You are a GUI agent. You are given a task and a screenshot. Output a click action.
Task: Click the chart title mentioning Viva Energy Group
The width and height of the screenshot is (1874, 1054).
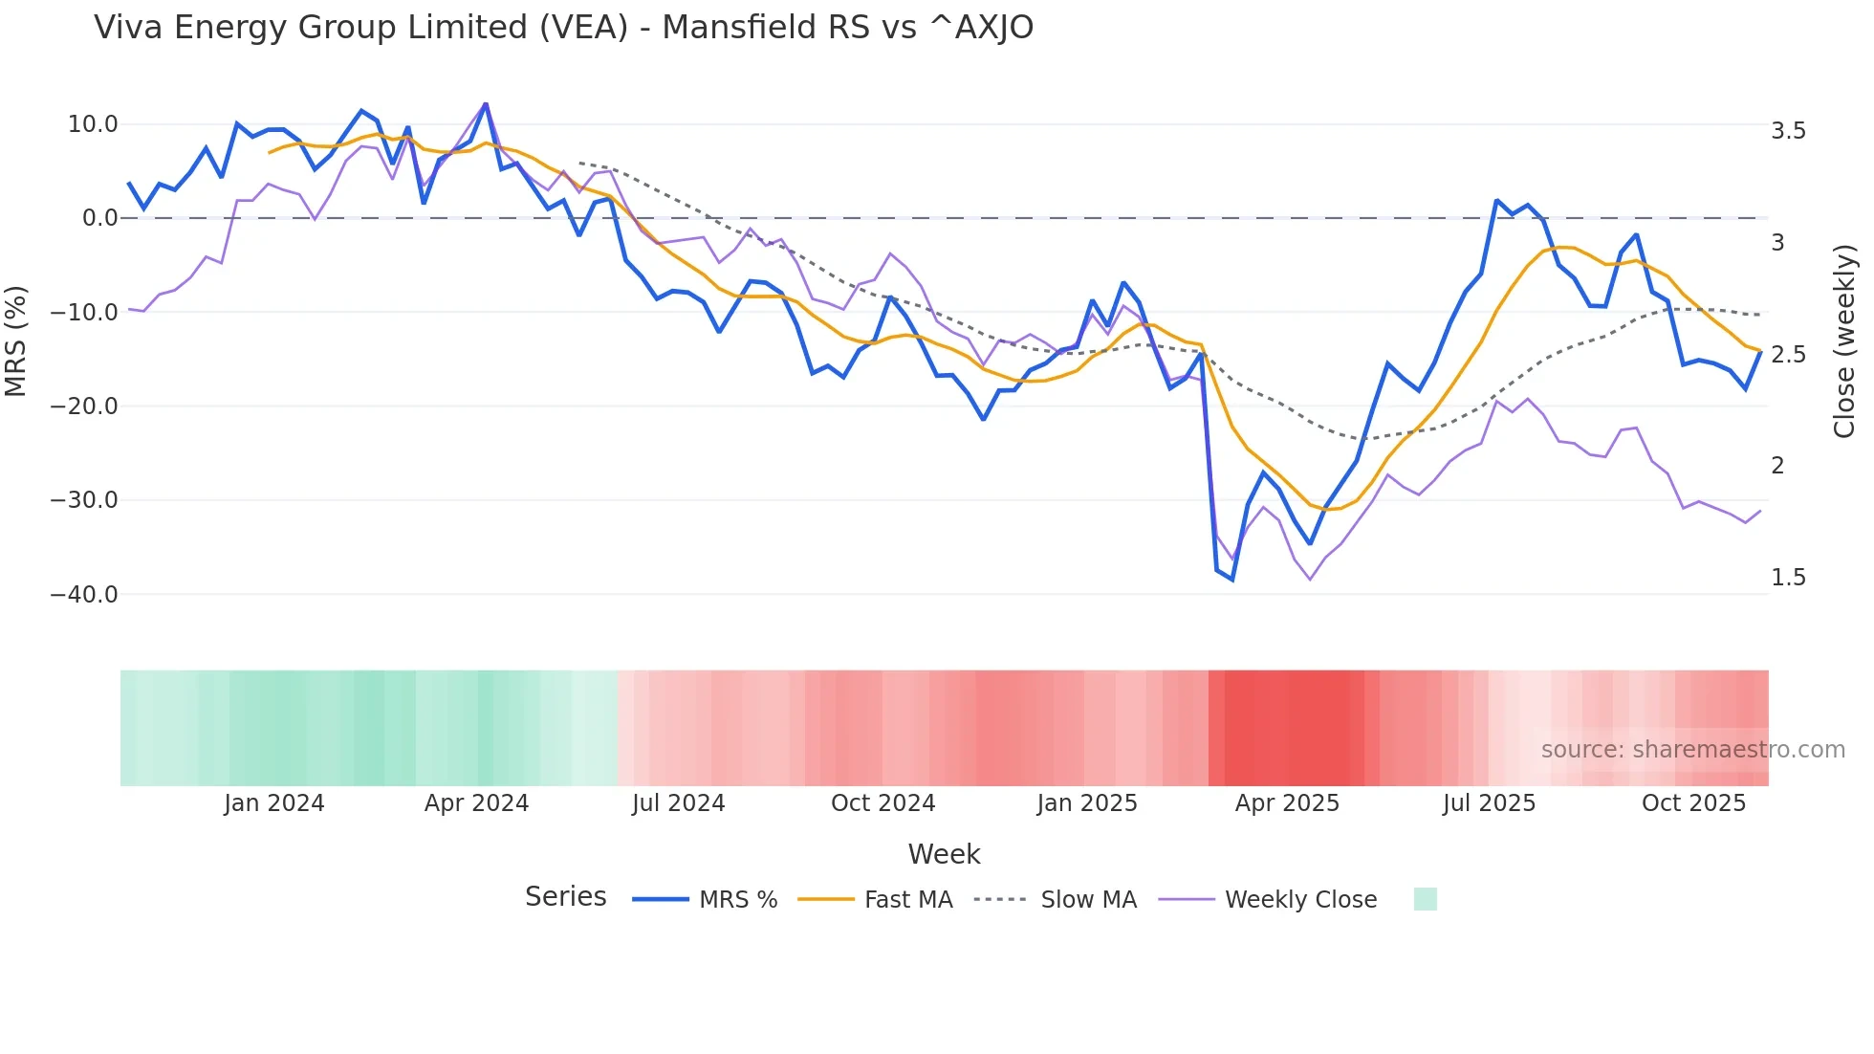(563, 28)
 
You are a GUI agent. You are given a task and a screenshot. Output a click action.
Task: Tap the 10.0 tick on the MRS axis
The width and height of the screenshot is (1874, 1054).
(93, 124)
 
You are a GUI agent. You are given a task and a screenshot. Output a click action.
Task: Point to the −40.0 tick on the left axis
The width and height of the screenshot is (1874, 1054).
(84, 594)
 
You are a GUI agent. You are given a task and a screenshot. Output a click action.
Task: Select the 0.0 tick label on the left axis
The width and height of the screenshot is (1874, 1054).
(99, 218)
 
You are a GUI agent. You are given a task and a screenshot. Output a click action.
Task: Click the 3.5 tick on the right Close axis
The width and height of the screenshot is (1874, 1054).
(1788, 131)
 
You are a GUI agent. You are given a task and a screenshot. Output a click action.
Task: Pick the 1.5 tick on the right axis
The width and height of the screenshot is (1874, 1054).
(1788, 578)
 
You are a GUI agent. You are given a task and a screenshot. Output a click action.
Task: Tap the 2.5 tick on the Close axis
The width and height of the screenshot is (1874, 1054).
(1788, 355)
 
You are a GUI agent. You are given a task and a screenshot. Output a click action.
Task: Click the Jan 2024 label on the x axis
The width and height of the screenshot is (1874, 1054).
(274, 803)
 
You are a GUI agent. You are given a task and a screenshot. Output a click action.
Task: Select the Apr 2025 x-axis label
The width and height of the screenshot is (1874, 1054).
(1287, 803)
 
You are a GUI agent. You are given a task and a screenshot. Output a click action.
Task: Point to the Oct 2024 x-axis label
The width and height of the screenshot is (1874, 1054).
(883, 803)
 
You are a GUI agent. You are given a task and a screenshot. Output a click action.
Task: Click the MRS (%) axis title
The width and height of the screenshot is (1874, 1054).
(16, 340)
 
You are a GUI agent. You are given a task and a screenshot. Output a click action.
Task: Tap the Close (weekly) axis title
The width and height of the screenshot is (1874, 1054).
(1844, 340)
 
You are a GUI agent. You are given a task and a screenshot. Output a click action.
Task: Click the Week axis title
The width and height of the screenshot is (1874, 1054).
(944, 854)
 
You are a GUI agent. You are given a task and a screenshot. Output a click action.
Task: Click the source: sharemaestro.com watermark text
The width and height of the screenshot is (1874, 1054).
(1692, 750)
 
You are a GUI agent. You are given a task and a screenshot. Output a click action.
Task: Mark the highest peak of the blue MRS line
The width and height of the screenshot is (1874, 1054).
(486, 104)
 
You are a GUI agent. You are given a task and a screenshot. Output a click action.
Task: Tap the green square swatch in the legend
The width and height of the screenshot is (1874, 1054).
(1425, 899)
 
